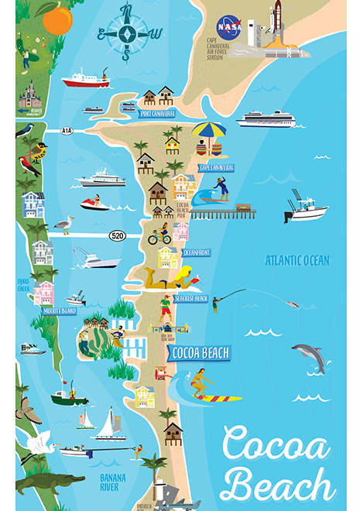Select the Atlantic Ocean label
click(297, 261)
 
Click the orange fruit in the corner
click(57, 17)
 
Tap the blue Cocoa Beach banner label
click(199, 353)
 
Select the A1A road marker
click(67, 132)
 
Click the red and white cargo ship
click(86, 78)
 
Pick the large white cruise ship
click(265, 119)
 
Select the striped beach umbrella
click(208, 130)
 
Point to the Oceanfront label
click(197, 251)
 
